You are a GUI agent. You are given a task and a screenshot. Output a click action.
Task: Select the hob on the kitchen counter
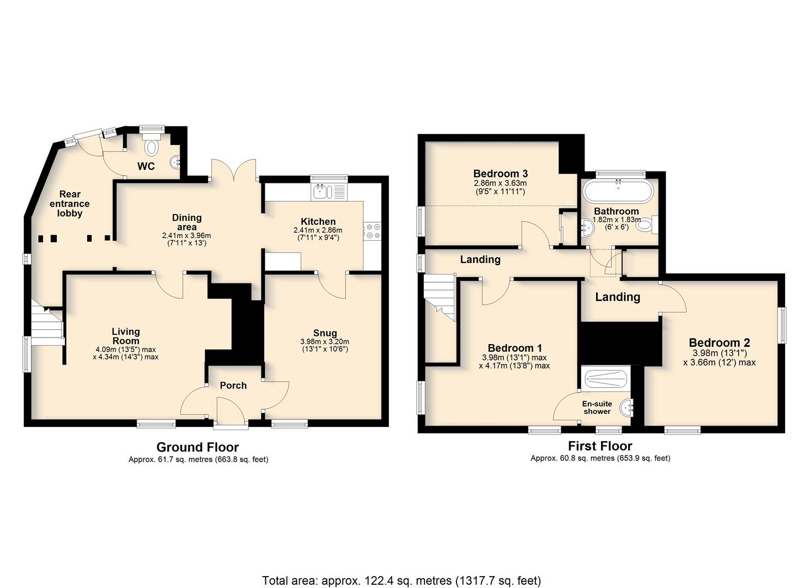tap(372, 231)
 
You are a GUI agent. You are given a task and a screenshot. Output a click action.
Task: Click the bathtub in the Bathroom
tap(618, 191)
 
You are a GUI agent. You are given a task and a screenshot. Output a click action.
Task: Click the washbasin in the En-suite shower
tap(625, 408)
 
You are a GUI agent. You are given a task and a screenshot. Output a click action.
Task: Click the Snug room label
tap(325, 333)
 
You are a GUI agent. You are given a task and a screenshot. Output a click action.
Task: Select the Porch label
tap(233, 385)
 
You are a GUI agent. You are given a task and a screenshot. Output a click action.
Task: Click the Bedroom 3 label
tap(500, 174)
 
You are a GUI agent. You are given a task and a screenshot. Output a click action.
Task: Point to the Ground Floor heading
tap(198, 447)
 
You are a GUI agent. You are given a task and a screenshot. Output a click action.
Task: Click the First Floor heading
tap(600, 446)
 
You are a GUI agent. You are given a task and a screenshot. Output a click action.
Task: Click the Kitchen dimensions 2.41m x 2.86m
tap(318, 230)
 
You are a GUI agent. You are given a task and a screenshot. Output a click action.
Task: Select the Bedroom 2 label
tap(720, 342)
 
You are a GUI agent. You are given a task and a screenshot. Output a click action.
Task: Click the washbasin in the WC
tap(175, 162)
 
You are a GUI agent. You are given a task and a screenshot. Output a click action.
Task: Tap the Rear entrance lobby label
tap(70, 204)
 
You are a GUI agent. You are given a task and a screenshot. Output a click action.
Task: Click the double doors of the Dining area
tap(234, 170)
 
